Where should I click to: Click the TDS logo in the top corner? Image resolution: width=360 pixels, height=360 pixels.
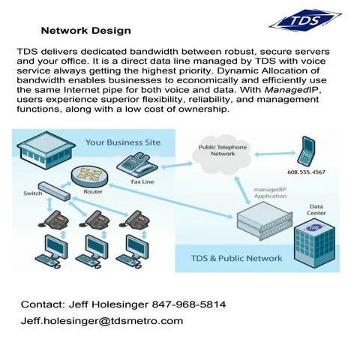[304, 21]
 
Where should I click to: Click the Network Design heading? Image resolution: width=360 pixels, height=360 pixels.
[85, 31]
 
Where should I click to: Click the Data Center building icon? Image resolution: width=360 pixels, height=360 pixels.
[313, 241]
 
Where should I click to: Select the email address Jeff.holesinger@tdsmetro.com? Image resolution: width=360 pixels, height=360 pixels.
[102, 321]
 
